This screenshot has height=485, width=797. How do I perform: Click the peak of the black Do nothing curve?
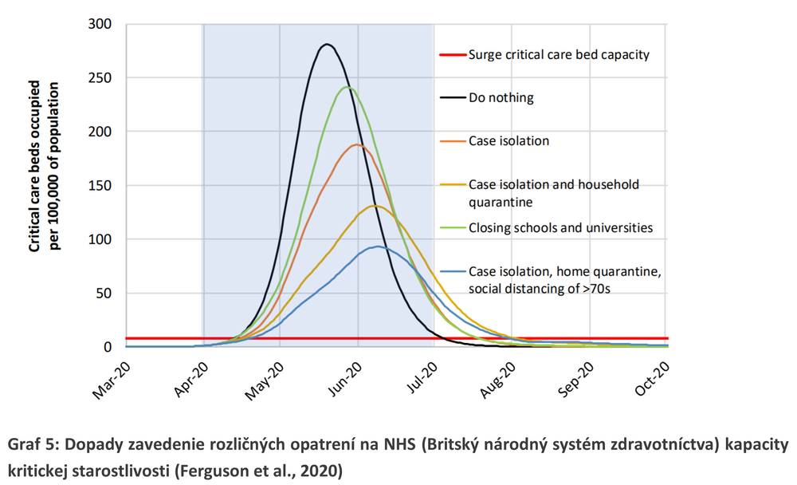tap(326, 45)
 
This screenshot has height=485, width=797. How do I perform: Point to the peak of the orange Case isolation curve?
tap(356, 145)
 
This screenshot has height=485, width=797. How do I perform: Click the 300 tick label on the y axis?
tap(100, 24)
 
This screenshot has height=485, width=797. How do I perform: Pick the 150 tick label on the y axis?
tap(100, 185)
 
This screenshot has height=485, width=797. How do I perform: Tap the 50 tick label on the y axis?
tap(104, 293)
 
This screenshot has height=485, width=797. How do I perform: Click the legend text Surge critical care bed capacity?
tap(559, 55)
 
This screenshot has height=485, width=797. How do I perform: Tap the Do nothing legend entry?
tap(501, 98)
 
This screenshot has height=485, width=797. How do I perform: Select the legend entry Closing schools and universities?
tap(560, 227)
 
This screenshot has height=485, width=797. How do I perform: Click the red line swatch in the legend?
tap(451, 55)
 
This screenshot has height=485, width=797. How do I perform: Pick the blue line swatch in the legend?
tap(451, 272)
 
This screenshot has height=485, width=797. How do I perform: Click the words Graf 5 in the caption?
tap(31, 443)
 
